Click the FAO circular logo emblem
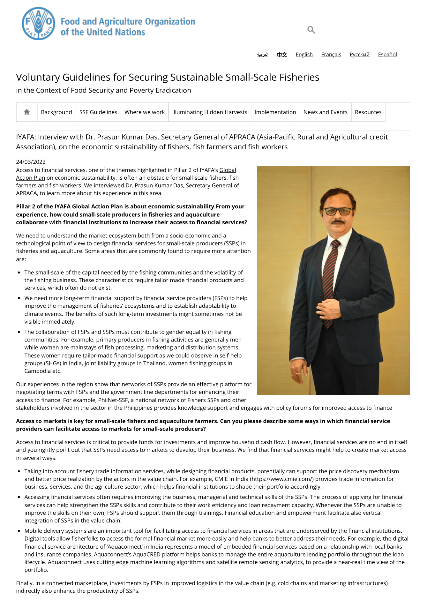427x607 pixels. (38, 24)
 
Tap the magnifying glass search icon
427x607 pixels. (311, 30)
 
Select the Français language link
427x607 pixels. (331, 55)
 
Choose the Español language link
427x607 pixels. (387, 55)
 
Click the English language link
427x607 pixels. (304, 55)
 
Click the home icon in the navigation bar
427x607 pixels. (27, 112)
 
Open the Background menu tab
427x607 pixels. (56, 112)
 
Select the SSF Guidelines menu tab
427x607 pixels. (98, 112)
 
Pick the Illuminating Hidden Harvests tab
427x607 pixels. (209, 112)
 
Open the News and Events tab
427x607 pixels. (325, 112)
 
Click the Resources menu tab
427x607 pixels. (368, 112)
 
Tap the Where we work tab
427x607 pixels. (145, 112)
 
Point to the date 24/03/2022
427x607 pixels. (31, 162)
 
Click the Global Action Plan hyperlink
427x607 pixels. (227, 170)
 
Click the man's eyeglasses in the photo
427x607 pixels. (338, 211)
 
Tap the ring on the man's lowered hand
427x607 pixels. (298, 373)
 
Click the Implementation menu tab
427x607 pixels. (275, 112)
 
